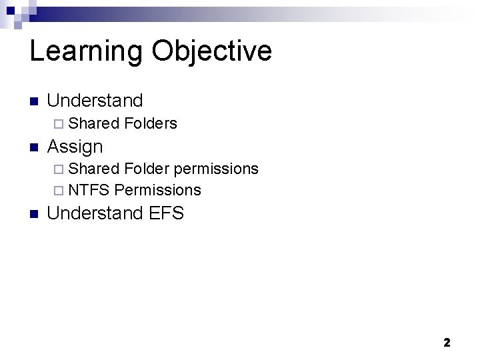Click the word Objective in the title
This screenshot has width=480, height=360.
click(x=211, y=52)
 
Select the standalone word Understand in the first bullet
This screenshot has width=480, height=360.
click(x=95, y=101)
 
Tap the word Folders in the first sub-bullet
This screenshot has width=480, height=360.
click(x=151, y=123)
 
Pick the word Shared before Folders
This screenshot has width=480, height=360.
click(x=94, y=123)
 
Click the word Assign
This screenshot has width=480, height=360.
click(x=75, y=147)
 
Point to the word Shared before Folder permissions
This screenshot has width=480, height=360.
click(x=94, y=169)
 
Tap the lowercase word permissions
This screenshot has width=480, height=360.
click(x=216, y=169)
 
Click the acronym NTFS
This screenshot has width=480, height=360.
click(x=89, y=190)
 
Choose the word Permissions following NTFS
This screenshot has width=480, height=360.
click(x=157, y=190)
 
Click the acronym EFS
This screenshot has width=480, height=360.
click(x=166, y=214)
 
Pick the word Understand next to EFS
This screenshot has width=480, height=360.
click(x=95, y=214)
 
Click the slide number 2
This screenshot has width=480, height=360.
click(x=447, y=343)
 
